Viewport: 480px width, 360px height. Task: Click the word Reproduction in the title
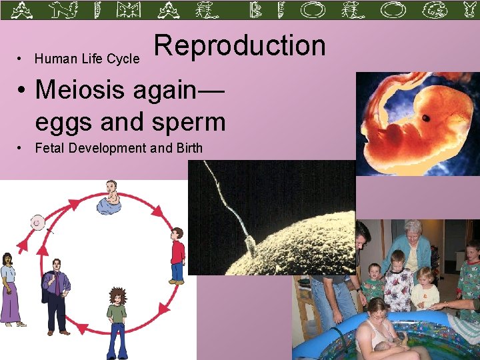[x=240, y=46]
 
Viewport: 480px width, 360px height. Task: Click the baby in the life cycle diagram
[x=110, y=198]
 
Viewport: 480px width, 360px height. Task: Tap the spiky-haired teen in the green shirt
[x=117, y=313]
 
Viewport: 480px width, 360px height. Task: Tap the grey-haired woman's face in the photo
[x=413, y=232]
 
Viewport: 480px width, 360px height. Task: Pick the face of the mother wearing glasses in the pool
[x=377, y=310]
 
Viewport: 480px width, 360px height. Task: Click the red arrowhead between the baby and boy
[x=158, y=212]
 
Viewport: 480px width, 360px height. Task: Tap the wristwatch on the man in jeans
[x=357, y=289]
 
